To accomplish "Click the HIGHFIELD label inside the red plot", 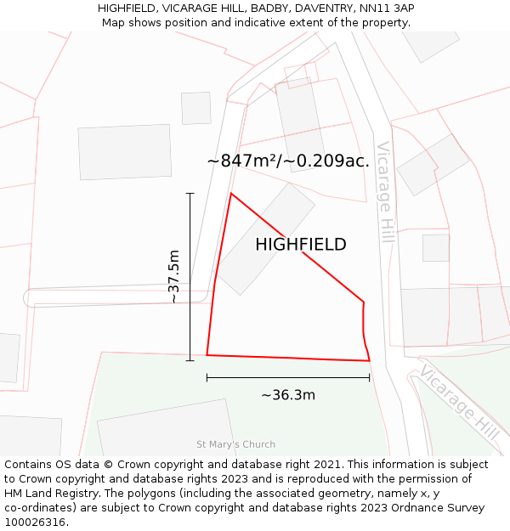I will pos(301,245).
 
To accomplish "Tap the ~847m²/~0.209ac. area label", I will pos(288,161).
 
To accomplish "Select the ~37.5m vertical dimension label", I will pos(173,277).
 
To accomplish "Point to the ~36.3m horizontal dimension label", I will pos(288,395).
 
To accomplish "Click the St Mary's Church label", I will pos(235,444).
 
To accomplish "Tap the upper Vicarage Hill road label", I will pos(387,192).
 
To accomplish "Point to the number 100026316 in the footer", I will pos(35,523).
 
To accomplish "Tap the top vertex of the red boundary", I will pos(231,194).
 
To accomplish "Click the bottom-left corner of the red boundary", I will pos(207,355).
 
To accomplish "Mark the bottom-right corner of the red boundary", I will pos(370,361).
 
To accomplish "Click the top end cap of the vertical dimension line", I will pos(190,194).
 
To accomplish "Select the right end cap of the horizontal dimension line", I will pos(370,377).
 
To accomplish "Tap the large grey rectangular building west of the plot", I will pos(125,152).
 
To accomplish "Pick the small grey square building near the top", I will pos(196,108).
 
